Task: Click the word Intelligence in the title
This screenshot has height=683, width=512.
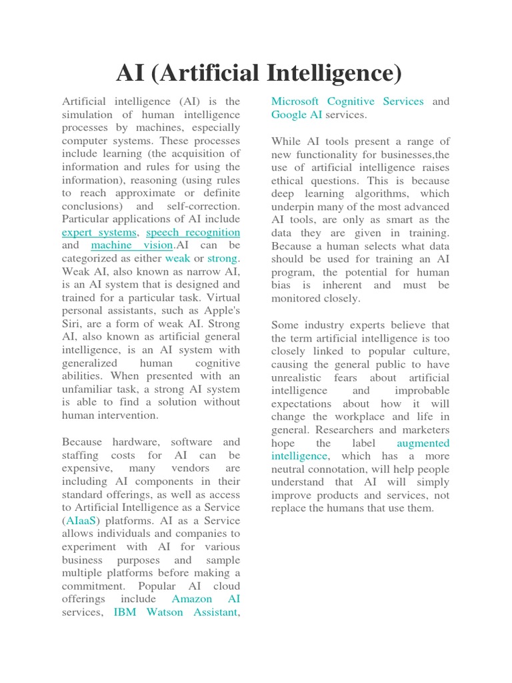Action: point(333,73)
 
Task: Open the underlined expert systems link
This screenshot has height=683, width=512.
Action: point(99,233)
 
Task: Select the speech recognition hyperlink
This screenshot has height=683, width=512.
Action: point(193,233)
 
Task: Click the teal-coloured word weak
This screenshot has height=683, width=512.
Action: point(177,258)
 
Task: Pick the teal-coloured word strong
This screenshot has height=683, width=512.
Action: point(222,258)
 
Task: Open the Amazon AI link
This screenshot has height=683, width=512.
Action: point(206,599)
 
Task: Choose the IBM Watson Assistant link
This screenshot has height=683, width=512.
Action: point(175,612)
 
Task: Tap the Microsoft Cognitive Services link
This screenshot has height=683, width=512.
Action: point(347,101)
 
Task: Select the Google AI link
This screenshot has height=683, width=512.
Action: point(297,115)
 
